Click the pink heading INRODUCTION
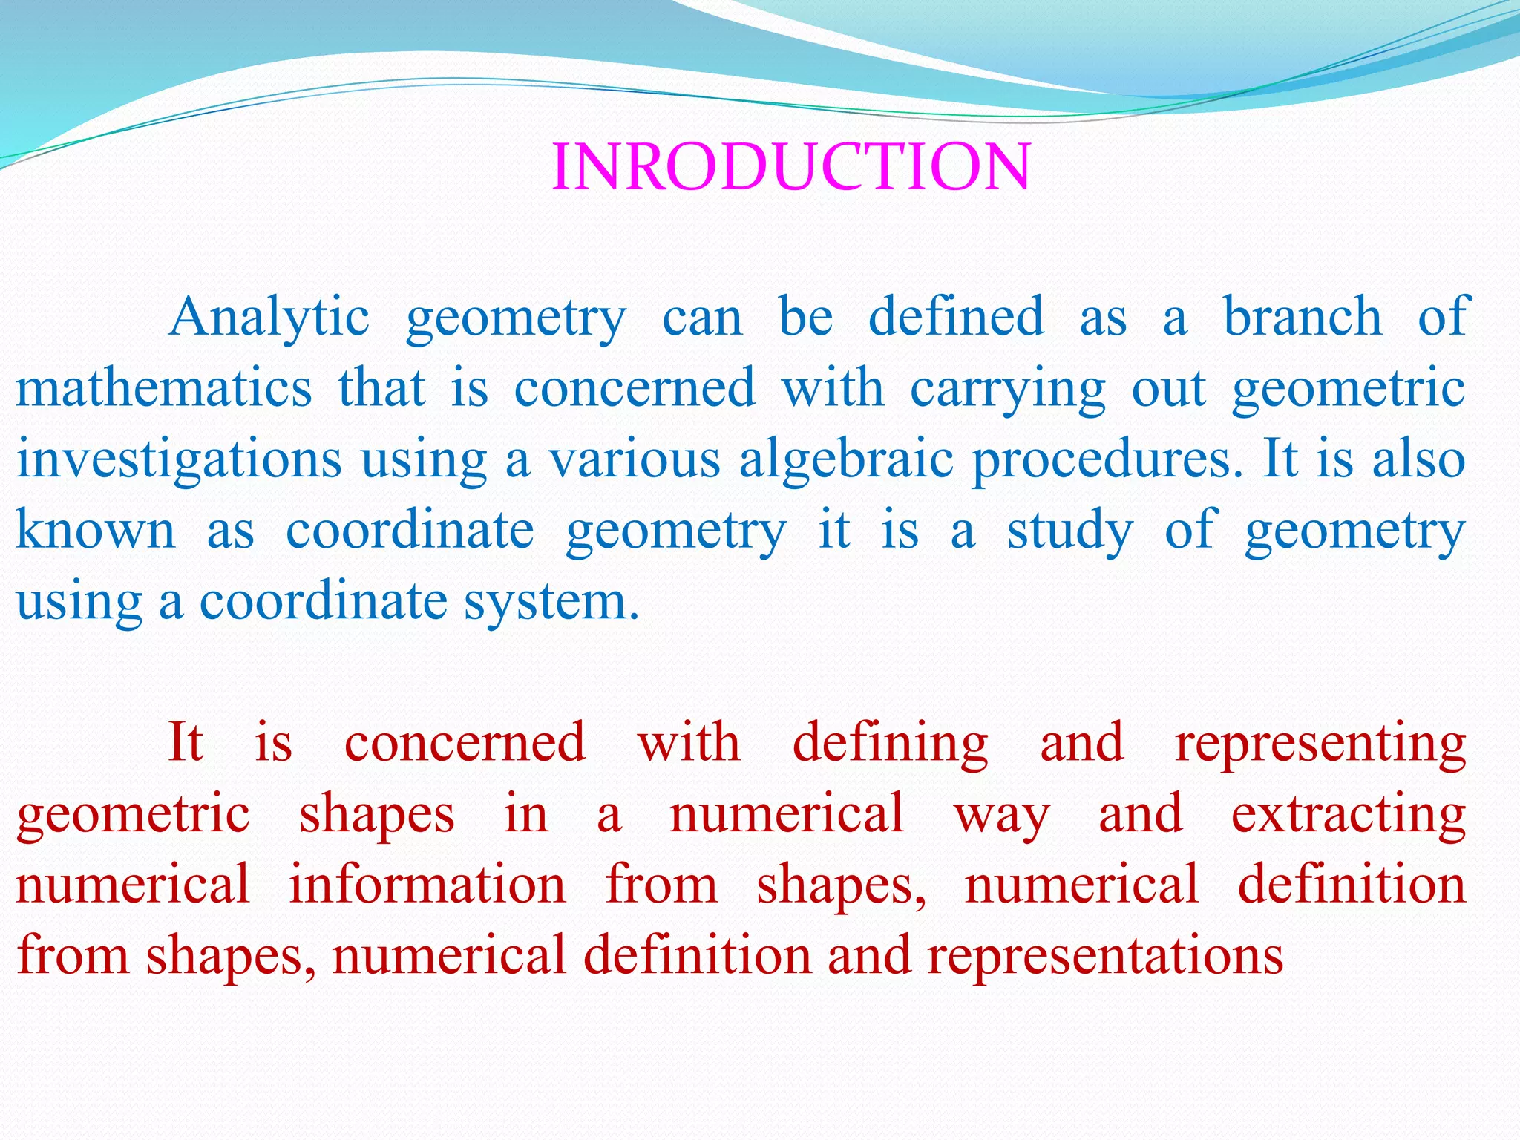coord(791,167)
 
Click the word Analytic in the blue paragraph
coord(269,318)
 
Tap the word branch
coord(1303,318)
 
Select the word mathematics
coord(164,388)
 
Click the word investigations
coord(179,460)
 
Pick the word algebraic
coord(846,460)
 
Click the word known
coord(96,530)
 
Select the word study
coord(1069,531)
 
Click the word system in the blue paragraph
coord(551,601)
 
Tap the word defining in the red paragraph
coord(890,743)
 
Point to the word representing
coord(1320,743)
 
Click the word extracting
coord(1348,814)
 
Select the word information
coord(427,885)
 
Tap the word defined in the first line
coord(956,318)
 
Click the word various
coord(635,460)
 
